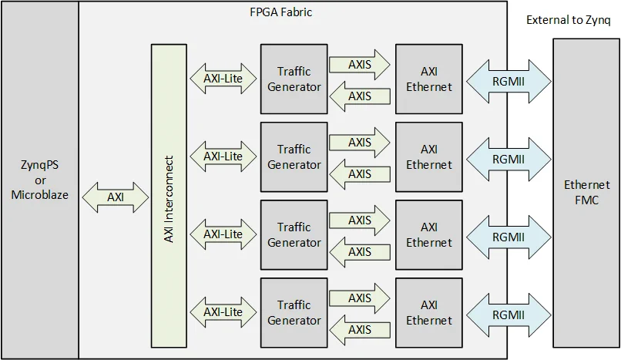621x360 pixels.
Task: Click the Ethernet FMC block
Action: click(586, 193)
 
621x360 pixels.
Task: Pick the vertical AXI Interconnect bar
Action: click(169, 200)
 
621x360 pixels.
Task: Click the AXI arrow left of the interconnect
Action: click(115, 197)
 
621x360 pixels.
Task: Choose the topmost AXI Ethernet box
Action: click(429, 79)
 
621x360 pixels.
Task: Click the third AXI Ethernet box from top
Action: click(429, 235)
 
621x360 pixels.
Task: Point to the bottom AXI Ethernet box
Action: click(429, 313)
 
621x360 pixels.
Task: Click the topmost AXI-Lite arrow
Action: click(223, 78)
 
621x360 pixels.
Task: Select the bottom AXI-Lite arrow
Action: click(223, 312)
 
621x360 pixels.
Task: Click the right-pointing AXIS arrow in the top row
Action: click(359, 64)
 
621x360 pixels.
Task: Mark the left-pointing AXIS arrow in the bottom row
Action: click(359, 330)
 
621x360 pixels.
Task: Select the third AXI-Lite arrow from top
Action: click(223, 234)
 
